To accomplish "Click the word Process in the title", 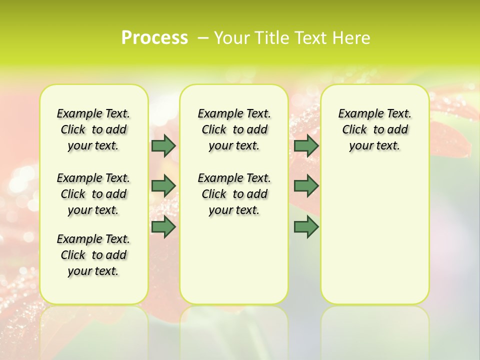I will [x=154, y=38].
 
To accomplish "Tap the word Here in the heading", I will [x=350, y=38].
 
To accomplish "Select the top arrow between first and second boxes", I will [x=163, y=145].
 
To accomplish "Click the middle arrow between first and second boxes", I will [x=163, y=186].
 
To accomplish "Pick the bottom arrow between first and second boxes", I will [x=163, y=226].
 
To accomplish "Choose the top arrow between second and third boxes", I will [x=306, y=145].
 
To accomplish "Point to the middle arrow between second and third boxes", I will [x=306, y=186].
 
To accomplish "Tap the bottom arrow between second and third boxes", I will [x=306, y=226].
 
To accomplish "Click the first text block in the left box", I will [x=93, y=129].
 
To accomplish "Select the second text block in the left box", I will [x=93, y=194].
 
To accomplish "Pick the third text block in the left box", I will [x=93, y=255].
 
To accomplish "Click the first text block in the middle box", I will [x=234, y=129].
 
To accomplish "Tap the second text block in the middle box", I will [x=234, y=194].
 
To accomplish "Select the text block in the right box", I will [x=374, y=129].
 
